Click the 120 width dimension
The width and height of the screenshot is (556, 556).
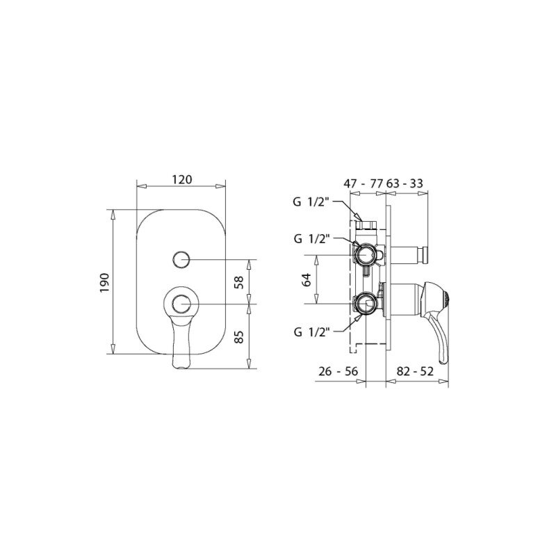pyautogui.click(x=182, y=179)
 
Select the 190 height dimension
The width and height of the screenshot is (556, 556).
pyautogui.click(x=105, y=282)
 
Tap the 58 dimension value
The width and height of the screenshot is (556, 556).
pyautogui.click(x=240, y=282)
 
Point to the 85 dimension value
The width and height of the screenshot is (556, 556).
pyautogui.click(x=240, y=336)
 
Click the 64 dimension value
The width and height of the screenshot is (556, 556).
pyautogui.click(x=306, y=280)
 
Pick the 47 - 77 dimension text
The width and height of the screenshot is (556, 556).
pyautogui.click(x=363, y=183)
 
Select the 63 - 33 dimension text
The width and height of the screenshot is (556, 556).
pyautogui.click(x=404, y=183)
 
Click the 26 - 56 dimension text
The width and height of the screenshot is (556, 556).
pyautogui.click(x=338, y=371)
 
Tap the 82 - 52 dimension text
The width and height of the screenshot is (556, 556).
pyautogui.click(x=415, y=371)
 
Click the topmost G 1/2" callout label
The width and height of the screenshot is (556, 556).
pyautogui.click(x=311, y=202)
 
